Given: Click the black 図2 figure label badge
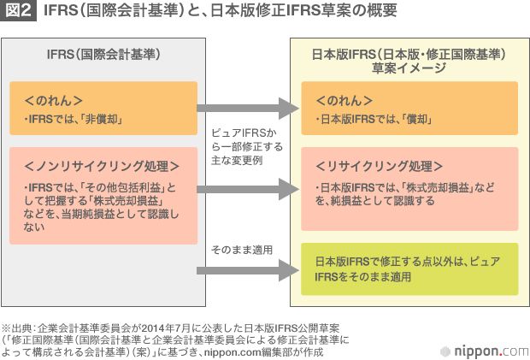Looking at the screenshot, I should click(x=18, y=13).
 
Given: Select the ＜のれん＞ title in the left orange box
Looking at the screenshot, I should click(x=53, y=99).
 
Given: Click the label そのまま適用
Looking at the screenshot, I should click(x=242, y=250).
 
